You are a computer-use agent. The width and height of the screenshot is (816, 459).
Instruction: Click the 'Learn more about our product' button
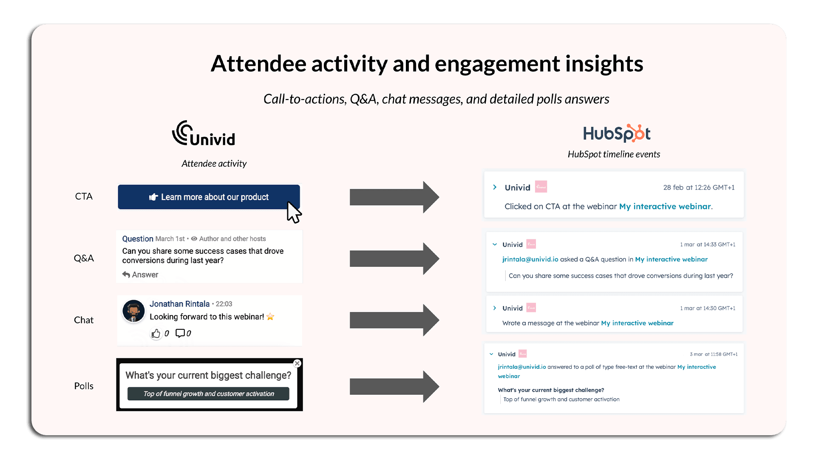click(209, 197)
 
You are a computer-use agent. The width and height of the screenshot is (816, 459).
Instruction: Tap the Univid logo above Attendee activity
click(204, 134)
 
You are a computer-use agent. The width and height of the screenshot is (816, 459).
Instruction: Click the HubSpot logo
click(617, 133)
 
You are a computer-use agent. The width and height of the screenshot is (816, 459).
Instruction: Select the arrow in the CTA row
click(394, 197)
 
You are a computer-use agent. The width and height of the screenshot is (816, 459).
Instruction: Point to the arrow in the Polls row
click(394, 386)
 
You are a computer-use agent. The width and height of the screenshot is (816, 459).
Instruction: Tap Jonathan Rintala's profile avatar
click(133, 311)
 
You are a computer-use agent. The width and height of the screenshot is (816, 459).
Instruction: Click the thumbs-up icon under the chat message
click(156, 334)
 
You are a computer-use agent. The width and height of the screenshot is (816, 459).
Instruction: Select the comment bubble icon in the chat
click(180, 333)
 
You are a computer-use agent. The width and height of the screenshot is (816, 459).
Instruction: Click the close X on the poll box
click(297, 363)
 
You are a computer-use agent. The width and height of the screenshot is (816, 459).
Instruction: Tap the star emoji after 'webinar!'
click(270, 317)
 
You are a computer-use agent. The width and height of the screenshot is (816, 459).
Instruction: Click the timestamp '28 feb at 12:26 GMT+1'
click(699, 187)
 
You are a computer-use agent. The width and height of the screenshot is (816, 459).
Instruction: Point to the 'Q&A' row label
click(84, 258)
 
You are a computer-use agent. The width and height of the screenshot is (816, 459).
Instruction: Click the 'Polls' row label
click(84, 386)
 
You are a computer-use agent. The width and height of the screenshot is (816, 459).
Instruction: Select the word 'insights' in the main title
click(604, 64)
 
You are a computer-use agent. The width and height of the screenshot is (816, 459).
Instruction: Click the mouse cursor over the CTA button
click(293, 212)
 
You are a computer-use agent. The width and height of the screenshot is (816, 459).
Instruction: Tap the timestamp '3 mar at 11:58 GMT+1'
click(713, 354)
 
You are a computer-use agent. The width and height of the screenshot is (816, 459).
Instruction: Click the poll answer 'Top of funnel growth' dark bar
click(208, 394)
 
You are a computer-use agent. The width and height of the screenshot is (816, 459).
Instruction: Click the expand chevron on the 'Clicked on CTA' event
click(495, 187)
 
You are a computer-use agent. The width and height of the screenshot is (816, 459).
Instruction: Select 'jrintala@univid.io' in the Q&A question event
click(530, 259)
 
